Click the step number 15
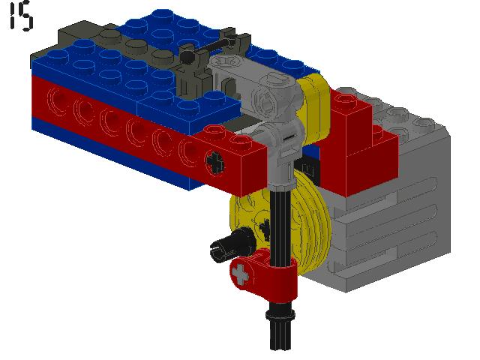(21, 16)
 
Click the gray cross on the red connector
(240, 273)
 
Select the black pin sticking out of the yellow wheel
(232, 245)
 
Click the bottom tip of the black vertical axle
(280, 349)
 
